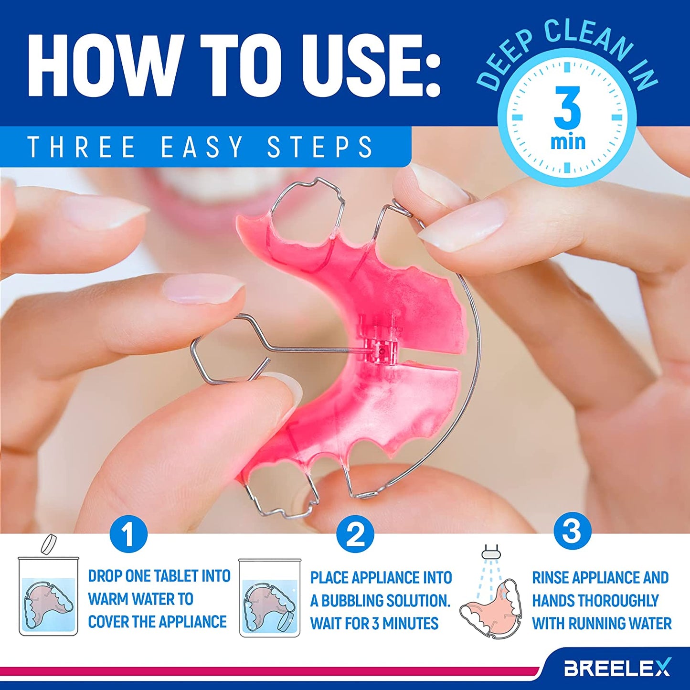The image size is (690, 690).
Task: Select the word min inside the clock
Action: (x=568, y=142)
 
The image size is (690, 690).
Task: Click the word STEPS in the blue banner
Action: (x=320, y=147)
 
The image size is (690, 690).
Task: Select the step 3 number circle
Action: (x=572, y=531)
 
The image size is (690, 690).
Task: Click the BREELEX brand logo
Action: (x=617, y=668)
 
